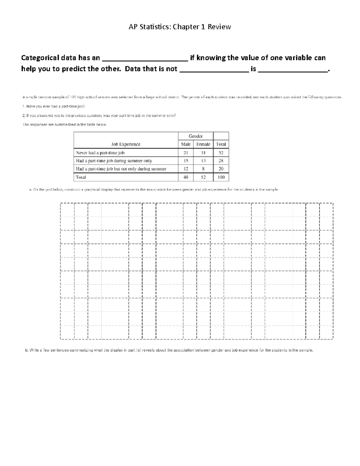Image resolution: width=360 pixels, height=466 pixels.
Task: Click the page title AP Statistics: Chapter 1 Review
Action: point(180,27)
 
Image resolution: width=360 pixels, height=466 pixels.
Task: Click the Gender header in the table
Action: point(196,136)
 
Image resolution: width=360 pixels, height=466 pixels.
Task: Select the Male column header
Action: point(186,144)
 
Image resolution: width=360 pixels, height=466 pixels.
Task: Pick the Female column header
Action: point(203,144)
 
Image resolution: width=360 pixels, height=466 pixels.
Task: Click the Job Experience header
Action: point(126,144)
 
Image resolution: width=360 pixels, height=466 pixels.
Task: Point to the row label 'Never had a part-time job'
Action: point(100,153)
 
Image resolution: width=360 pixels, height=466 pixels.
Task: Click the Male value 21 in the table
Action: point(186,153)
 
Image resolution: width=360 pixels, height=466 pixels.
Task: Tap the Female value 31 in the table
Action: point(203,153)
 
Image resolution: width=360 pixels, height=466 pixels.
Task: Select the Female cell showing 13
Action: point(203,161)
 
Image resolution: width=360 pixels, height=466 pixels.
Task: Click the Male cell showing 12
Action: point(186,169)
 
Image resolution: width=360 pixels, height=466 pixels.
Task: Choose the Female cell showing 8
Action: point(203,169)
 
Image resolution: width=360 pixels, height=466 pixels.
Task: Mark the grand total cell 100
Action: point(221,177)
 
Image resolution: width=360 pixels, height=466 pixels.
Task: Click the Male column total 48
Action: point(186,177)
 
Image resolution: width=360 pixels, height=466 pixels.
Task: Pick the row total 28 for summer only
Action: point(221,161)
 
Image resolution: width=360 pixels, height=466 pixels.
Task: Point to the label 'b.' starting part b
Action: point(26,350)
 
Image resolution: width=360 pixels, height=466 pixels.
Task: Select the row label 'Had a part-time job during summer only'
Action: point(114,161)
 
